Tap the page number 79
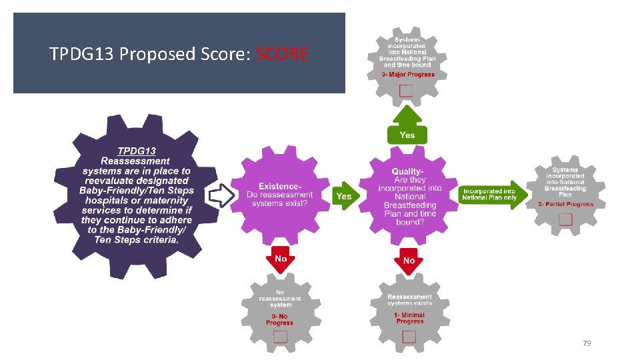pos(587,343)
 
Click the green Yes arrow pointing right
pos(345,196)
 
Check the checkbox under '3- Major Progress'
pos(406,91)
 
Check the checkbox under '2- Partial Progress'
pos(565,219)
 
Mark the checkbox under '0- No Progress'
pos(280,337)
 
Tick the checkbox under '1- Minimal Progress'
pos(409,335)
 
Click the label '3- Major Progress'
pos(408,75)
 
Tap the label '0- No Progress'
pos(279,319)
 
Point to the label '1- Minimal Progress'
pos(409,318)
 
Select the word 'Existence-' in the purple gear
pos(280,186)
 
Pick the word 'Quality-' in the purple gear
pos(407,172)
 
